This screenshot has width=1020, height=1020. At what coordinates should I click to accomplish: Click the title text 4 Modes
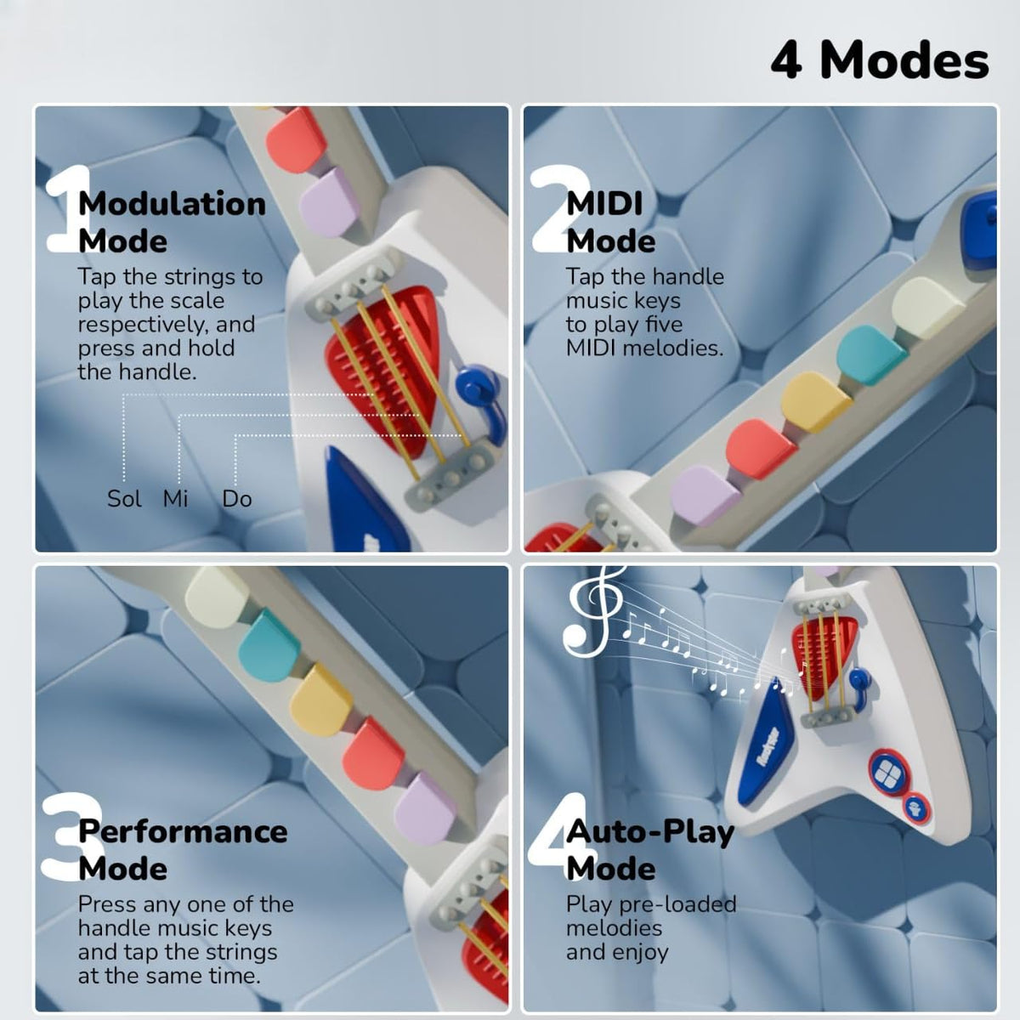click(x=879, y=61)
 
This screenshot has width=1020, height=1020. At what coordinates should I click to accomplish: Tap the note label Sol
click(x=124, y=499)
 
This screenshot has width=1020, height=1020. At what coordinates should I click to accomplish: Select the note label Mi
click(x=175, y=499)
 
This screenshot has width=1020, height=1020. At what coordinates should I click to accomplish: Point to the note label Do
click(x=236, y=499)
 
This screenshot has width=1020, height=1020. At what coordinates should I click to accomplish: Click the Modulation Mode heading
click(x=172, y=223)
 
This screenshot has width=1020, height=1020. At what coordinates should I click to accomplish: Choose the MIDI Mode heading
click(x=611, y=223)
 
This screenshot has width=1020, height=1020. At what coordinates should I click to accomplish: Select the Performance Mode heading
click(x=183, y=849)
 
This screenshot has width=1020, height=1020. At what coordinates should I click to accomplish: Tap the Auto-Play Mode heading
click(x=650, y=849)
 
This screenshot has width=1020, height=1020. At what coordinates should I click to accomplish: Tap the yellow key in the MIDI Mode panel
click(x=813, y=400)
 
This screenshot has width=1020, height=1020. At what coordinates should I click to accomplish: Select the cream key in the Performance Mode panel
click(x=216, y=594)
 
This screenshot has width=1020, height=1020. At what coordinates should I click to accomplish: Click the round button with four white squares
click(x=888, y=773)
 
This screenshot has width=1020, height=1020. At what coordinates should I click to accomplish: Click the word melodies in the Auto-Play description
click(x=614, y=928)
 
